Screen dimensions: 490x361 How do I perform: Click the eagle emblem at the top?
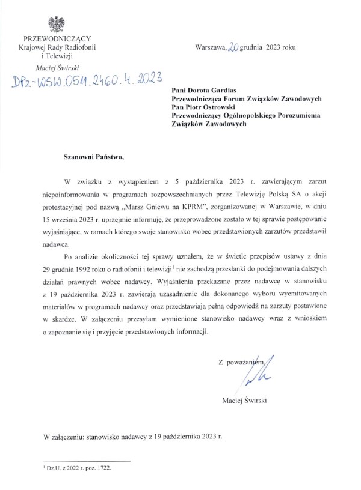(59, 24)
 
